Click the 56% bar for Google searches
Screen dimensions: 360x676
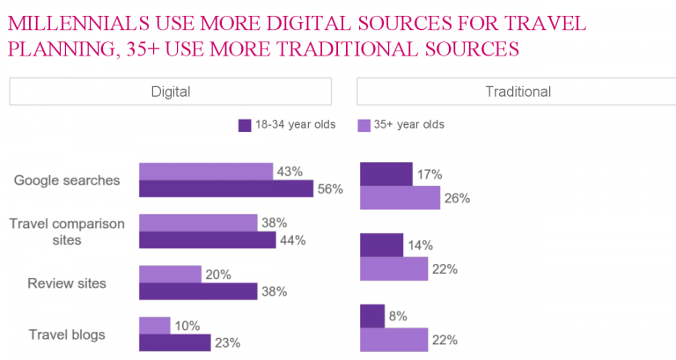(226, 188)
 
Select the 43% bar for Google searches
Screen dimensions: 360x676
(206, 171)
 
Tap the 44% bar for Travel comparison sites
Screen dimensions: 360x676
(208, 239)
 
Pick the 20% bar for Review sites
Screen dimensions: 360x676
(170, 275)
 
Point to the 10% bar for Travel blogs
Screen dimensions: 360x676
(155, 326)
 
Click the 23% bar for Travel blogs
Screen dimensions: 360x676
(174, 343)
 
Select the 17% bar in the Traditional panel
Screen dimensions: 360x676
(386, 174)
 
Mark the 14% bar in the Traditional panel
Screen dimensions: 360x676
(382, 245)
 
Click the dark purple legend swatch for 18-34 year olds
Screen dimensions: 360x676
(246, 125)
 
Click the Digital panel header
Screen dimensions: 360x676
(171, 92)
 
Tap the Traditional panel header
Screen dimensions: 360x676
(518, 92)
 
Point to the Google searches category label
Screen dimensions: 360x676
(67, 180)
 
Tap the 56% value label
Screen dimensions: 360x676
(331, 188)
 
